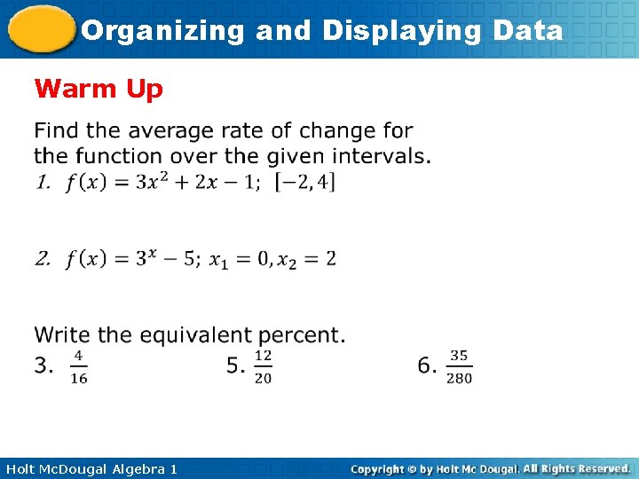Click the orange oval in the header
tap(40, 30)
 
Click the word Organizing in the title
tap(162, 31)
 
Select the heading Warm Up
tap(98, 89)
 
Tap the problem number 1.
tap(42, 183)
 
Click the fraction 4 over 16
tap(78, 365)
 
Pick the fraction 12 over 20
tap(263, 365)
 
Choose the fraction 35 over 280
tap(459, 365)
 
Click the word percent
tap(301, 335)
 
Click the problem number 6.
tap(427, 365)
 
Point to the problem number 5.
tap(235, 365)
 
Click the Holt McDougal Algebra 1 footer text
tap(91, 468)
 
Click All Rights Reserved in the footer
tap(576, 468)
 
